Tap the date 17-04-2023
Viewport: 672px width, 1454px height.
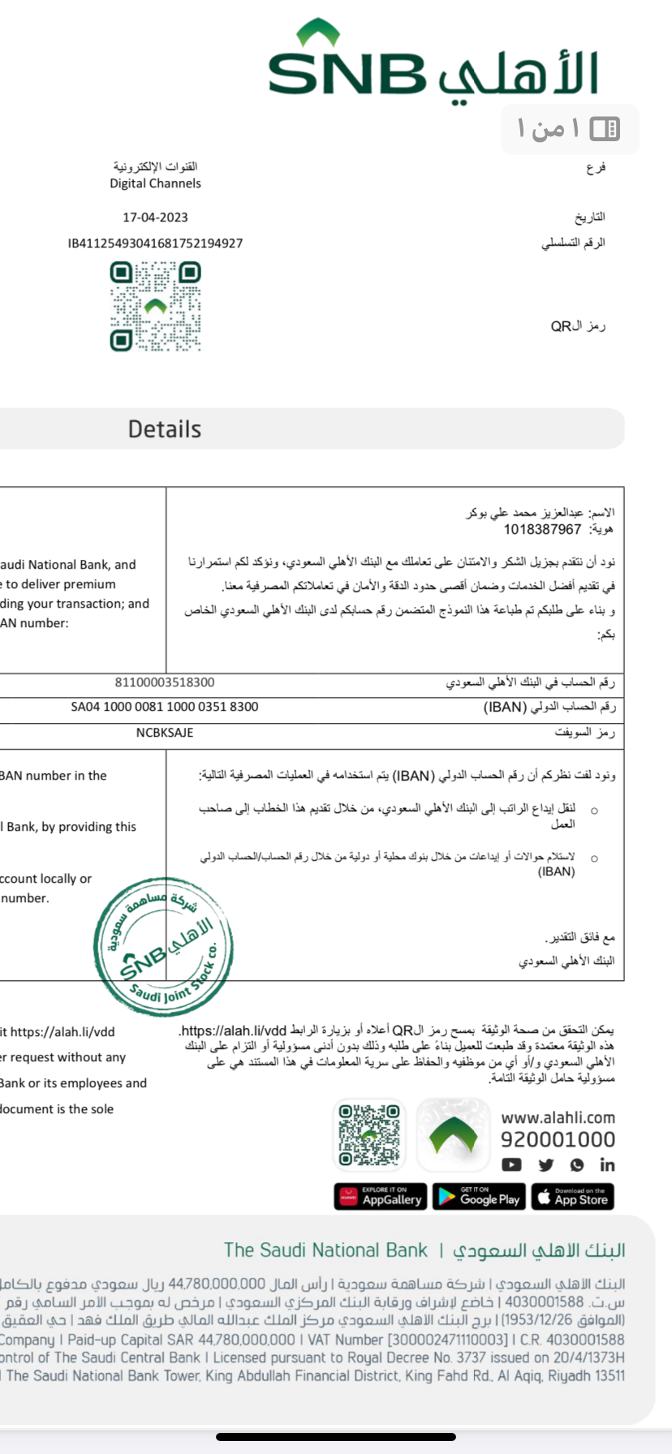tap(155, 217)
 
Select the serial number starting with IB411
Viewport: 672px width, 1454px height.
tap(155, 243)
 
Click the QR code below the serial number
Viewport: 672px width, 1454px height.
tap(155, 306)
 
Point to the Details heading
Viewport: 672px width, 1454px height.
tap(165, 429)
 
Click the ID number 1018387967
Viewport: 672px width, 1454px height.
tap(542, 530)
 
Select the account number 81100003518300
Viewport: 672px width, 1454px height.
tap(165, 682)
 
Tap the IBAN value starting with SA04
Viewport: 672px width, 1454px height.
tap(165, 707)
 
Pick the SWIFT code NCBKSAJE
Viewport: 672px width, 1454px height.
tap(165, 733)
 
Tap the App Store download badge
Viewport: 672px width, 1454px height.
tap(572, 1197)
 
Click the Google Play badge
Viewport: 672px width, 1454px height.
tap(479, 1197)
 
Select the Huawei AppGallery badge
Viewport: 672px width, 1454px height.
tap(381, 1197)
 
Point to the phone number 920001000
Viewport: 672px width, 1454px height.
tap(558, 1140)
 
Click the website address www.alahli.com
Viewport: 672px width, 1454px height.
tap(558, 1117)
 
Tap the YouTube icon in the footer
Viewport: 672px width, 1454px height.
tap(511, 1165)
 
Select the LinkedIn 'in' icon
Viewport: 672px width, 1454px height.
tap(607, 1165)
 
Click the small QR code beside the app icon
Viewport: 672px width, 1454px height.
tap(369, 1134)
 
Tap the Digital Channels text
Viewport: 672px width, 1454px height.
tap(155, 183)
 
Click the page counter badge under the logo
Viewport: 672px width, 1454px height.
tap(570, 128)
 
